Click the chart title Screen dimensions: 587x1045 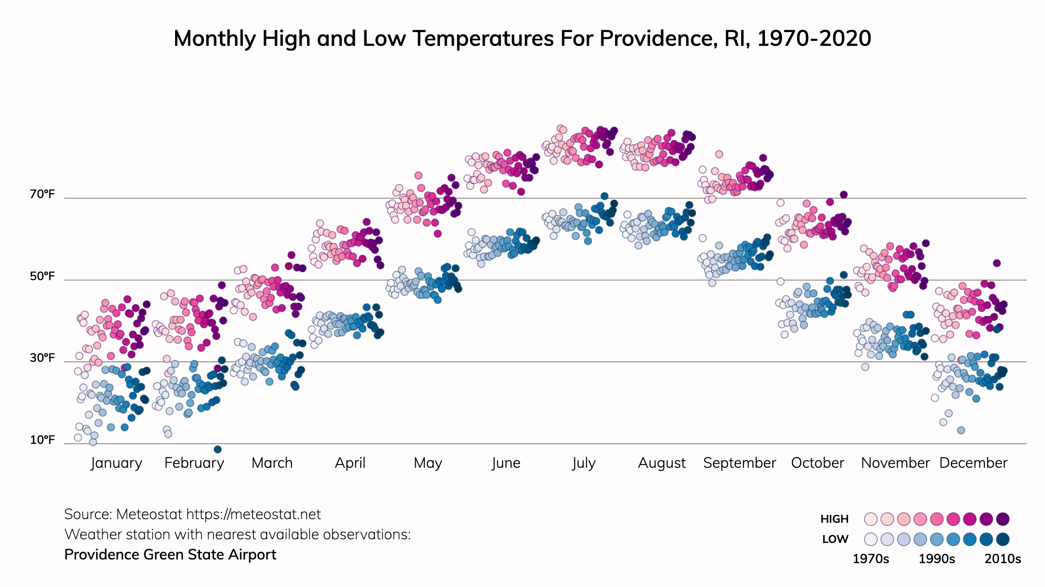(x=522, y=39)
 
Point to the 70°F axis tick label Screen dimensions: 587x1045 (x=42, y=194)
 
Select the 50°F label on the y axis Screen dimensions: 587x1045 (x=42, y=276)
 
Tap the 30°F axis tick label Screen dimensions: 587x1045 (x=42, y=358)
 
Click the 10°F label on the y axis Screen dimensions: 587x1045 (x=42, y=440)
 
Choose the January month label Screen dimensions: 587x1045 (x=116, y=463)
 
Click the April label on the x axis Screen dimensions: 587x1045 (x=350, y=463)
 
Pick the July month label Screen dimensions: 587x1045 (x=583, y=463)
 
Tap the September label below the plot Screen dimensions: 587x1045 (x=739, y=463)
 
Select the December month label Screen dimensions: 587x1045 (x=973, y=463)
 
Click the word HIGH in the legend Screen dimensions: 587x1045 (x=834, y=519)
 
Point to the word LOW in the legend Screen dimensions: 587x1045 (x=835, y=539)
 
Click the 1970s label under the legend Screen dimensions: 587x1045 (x=870, y=559)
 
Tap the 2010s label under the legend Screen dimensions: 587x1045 (x=1003, y=559)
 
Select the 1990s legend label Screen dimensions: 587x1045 (x=937, y=559)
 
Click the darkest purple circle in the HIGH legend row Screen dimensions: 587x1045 (x=1003, y=519)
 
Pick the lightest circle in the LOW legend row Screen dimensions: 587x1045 (x=871, y=539)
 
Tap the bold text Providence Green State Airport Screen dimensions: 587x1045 (x=170, y=555)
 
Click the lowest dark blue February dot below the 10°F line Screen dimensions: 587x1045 (x=218, y=449)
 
